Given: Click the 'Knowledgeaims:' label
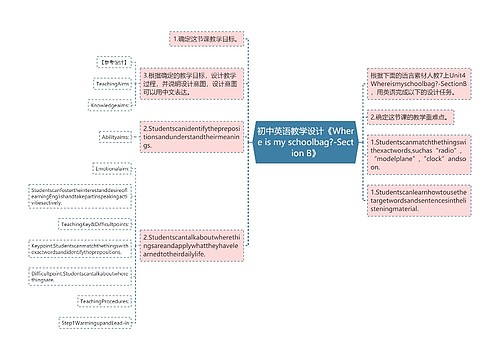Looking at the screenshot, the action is tap(107, 104).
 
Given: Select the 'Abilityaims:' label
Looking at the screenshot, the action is tap(112, 137).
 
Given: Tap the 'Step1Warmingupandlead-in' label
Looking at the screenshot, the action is tap(97, 324).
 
